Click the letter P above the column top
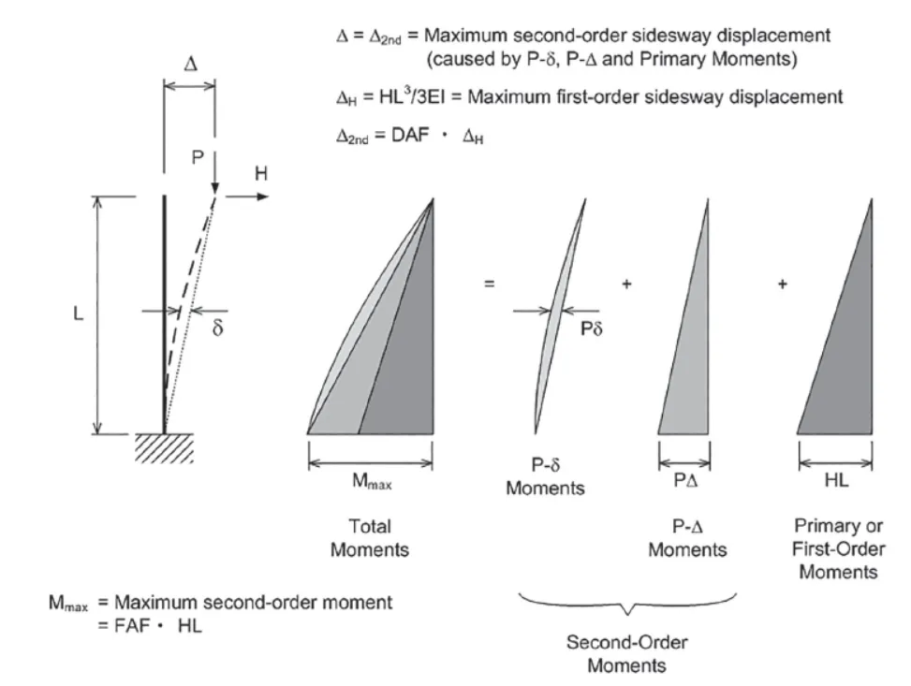click(x=197, y=159)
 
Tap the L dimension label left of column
click(x=79, y=314)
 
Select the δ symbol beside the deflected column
click(x=217, y=329)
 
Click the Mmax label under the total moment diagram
click(x=369, y=482)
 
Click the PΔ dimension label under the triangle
click(x=685, y=482)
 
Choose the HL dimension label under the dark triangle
click(x=835, y=482)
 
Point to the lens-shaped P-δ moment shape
click(x=559, y=309)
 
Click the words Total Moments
click(x=369, y=538)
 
